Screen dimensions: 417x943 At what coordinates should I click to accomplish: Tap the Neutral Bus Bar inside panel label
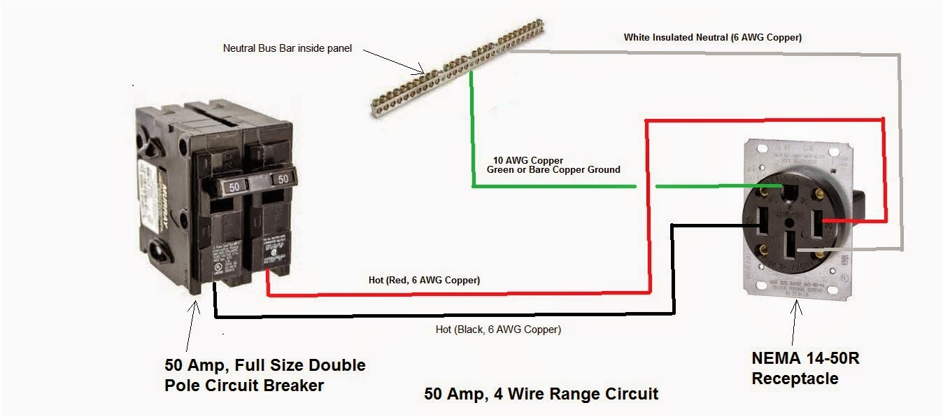pos(287,48)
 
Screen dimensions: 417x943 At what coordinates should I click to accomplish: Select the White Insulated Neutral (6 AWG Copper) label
pos(712,38)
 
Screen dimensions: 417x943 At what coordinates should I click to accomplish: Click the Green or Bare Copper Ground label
pos(553,169)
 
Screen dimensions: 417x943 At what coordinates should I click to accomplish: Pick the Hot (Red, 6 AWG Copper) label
pos(424,280)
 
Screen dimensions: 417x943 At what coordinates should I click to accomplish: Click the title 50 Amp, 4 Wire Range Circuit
pos(541,393)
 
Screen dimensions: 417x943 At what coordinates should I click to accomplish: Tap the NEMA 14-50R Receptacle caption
pos(805,368)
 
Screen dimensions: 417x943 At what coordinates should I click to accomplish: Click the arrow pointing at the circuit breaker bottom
pos(192,325)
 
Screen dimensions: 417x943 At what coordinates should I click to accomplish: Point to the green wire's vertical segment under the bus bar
pos(471,126)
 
